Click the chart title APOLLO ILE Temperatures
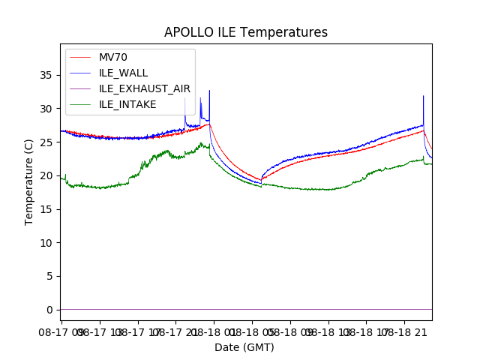click(246, 33)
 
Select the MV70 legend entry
click(113, 58)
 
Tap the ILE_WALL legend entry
click(123, 73)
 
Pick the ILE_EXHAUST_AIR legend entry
click(144, 88)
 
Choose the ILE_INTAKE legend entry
click(127, 104)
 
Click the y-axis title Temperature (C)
click(29, 182)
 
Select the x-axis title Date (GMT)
click(244, 347)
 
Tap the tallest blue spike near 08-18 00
click(209, 91)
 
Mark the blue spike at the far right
click(424, 96)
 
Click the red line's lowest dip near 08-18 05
click(261, 180)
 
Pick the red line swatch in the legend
click(80, 58)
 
